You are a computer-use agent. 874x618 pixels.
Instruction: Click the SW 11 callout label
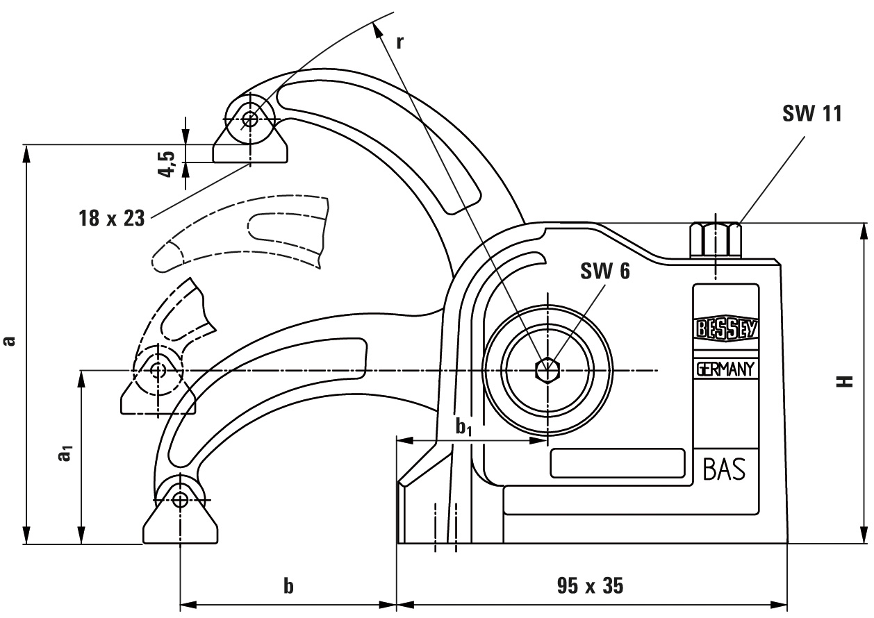(x=811, y=114)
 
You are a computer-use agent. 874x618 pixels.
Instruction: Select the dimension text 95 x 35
(x=590, y=587)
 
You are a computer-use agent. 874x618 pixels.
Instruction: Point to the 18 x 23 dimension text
(x=111, y=217)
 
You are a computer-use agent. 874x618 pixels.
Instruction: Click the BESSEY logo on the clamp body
(x=725, y=328)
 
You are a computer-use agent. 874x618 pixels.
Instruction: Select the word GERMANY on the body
(x=725, y=369)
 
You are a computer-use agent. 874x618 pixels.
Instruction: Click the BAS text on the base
(x=724, y=471)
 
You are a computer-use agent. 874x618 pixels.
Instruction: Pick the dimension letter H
(x=844, y=382)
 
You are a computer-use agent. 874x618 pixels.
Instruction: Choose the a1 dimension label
(x=65, y=455)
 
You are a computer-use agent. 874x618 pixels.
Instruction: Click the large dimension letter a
(x=9, y=340)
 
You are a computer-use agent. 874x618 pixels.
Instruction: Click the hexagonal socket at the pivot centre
(x=547, y=370)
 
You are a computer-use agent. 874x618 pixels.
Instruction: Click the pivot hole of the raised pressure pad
(x=249, y=119)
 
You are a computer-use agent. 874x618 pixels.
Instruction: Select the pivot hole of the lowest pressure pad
(x=181, y=499)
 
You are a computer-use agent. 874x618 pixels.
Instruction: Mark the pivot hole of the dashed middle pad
(x=158, y=369)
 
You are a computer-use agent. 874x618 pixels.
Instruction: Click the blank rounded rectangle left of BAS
(x=616, y=463)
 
